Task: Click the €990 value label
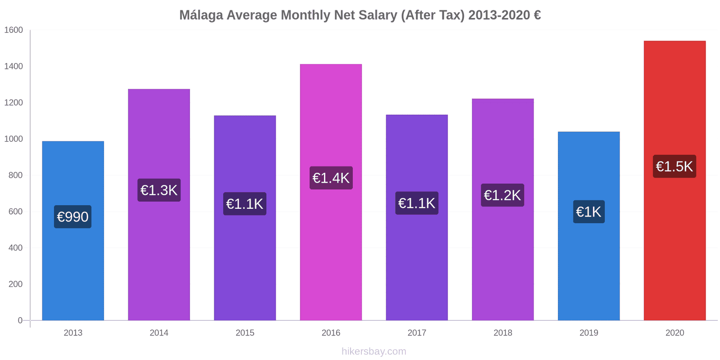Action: (x=73, y=217)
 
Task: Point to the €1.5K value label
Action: (x=674, y=166)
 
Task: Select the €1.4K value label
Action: (x=331, y=178)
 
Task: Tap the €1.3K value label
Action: (x=159, y=190)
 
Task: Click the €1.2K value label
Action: (x=502, y=195)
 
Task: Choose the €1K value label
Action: (x=589, y=212)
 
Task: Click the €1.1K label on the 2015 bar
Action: (x=245, y=204)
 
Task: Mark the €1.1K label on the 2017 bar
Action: (x=417, y=203)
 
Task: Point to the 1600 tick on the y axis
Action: (x=13, y=30)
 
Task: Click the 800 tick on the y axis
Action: (x=15, y=175)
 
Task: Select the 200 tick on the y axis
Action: (x=15, y=284)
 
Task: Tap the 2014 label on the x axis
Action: (x=159, y=333)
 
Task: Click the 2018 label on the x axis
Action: (x=503, y=333)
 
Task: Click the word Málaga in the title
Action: (x=201, y=15)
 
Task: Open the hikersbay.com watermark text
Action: (x=373, y=351)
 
